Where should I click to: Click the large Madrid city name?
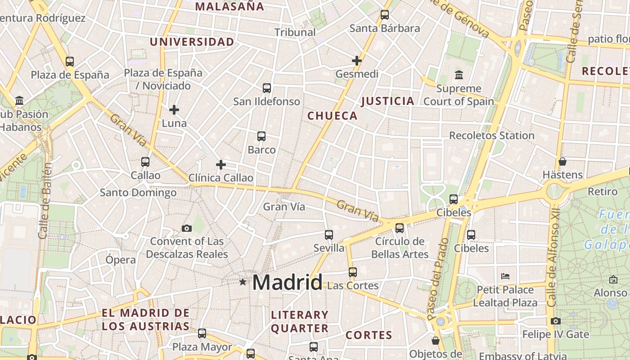point(287,282)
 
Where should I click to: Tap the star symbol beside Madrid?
point(243,282)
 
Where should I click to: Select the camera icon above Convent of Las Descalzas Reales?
point(187,228)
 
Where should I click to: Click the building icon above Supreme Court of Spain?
point(459,75)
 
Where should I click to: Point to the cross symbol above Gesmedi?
point(357,60)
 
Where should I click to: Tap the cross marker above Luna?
point(174,109)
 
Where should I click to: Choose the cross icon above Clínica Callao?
point(220,165)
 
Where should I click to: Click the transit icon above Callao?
point(145,162)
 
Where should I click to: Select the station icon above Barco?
point(261,136)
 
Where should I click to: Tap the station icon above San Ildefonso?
point(267,88)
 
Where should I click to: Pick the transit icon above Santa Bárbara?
point(385,15)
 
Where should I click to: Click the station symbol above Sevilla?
point(329,235)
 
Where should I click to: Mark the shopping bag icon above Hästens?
point(562,162)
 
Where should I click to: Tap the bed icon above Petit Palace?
point(505,276)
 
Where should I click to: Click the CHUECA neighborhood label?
point(333,116)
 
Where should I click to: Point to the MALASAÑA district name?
point(229,6)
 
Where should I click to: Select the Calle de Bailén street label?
point(45,200)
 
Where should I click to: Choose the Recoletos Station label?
point(492,135)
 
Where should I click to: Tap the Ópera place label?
point(121,260)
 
